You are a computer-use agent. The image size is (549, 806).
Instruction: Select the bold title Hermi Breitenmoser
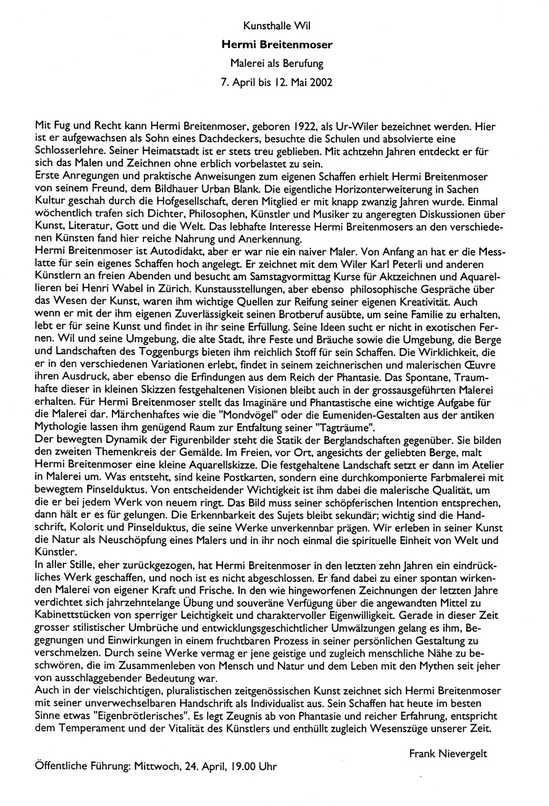(x=277, y=44)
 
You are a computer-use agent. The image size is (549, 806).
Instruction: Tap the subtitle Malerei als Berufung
(x=277, y=63)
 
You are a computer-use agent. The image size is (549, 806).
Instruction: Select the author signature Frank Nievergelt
(x=448, y=753)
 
